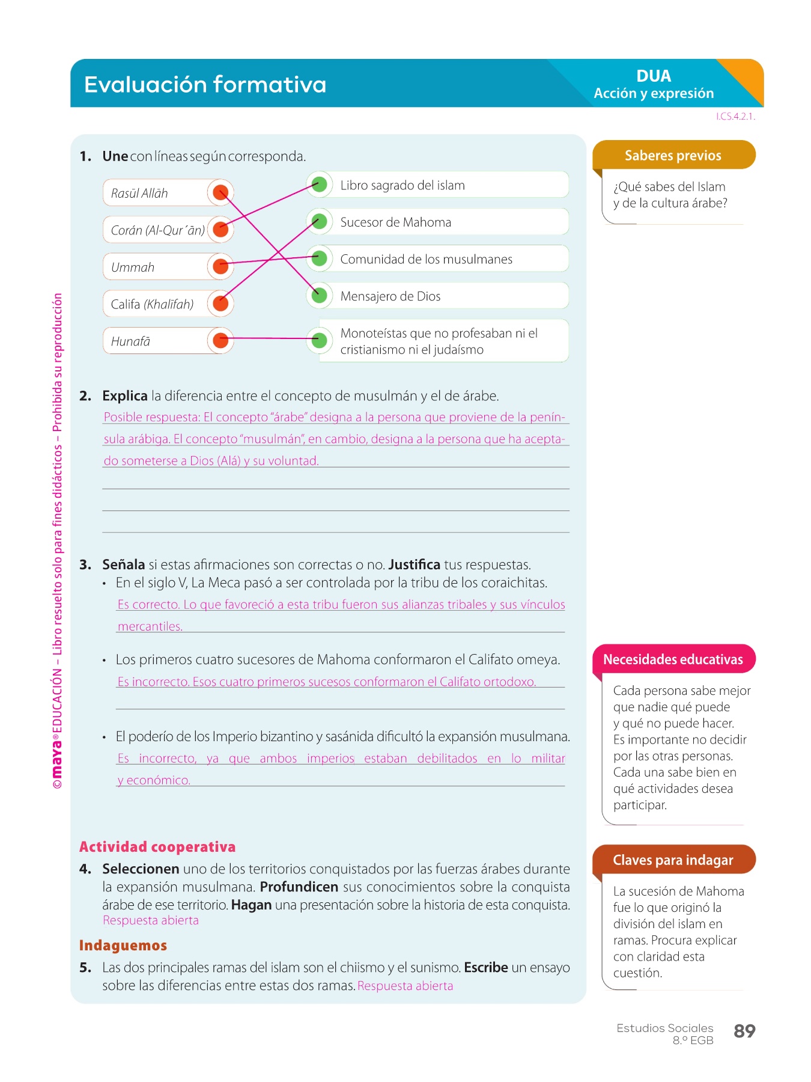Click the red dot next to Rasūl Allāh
tap(220, 192)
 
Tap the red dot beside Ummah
tap(220, 266)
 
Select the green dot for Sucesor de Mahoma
tap(320, 221)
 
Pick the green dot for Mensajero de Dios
tap(320, 295)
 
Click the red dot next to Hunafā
tap(220, 340)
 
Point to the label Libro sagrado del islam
tap(402, 185)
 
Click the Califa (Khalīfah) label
tap(152, 304)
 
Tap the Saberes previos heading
tap(673, 156)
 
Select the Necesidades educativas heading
tap(673, 659)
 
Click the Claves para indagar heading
tap(673, 860)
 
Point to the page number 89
tap(744, 1031)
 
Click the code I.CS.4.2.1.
tap(735, 117)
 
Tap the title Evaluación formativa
tap(205, 84)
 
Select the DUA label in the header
tap(654, 76)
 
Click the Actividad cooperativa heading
tap(157, 847)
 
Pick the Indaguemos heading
tap(123, 946)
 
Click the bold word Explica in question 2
tap(125, 396)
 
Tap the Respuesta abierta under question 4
tap(151, 920)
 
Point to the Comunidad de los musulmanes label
tap(426, 259)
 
